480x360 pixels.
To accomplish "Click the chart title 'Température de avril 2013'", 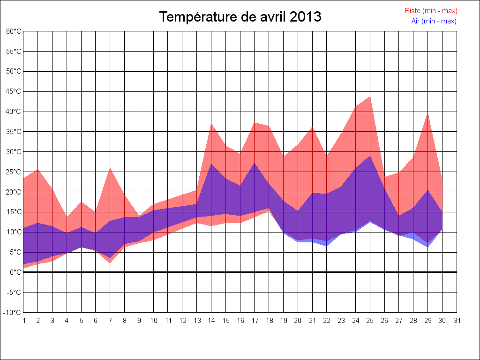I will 240,17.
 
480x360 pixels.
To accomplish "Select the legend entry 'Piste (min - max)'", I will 431,11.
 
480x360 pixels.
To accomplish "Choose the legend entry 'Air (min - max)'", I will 434,21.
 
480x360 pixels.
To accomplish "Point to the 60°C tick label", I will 14,31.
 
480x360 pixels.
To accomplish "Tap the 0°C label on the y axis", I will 15,272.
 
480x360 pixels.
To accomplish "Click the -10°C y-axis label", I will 14,313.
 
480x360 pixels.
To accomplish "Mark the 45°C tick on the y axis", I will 14,91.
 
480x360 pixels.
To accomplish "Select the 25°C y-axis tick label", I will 14,172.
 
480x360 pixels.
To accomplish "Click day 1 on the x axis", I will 23,321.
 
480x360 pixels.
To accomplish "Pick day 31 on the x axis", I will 457,321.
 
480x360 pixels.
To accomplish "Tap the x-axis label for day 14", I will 211,321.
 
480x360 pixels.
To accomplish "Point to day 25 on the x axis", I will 370,321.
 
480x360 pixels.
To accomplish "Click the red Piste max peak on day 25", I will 370,97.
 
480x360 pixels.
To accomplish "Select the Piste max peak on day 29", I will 428,112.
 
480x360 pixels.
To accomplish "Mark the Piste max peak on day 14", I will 211,123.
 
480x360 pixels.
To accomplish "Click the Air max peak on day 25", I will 370,156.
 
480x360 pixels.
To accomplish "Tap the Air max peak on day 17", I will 255,163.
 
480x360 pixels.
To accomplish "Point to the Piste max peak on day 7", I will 110,168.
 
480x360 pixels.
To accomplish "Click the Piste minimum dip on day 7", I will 110,262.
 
